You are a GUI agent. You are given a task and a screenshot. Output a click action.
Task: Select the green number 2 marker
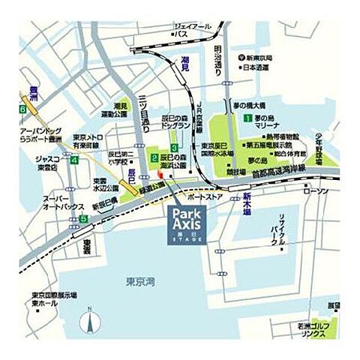[x=154, y=158]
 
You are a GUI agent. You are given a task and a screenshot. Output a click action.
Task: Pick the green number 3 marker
[x=174, y=147]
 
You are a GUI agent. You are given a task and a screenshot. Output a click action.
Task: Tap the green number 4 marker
[x=73, y=160]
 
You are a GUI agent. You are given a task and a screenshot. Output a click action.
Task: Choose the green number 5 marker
[x=83, y=219]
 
